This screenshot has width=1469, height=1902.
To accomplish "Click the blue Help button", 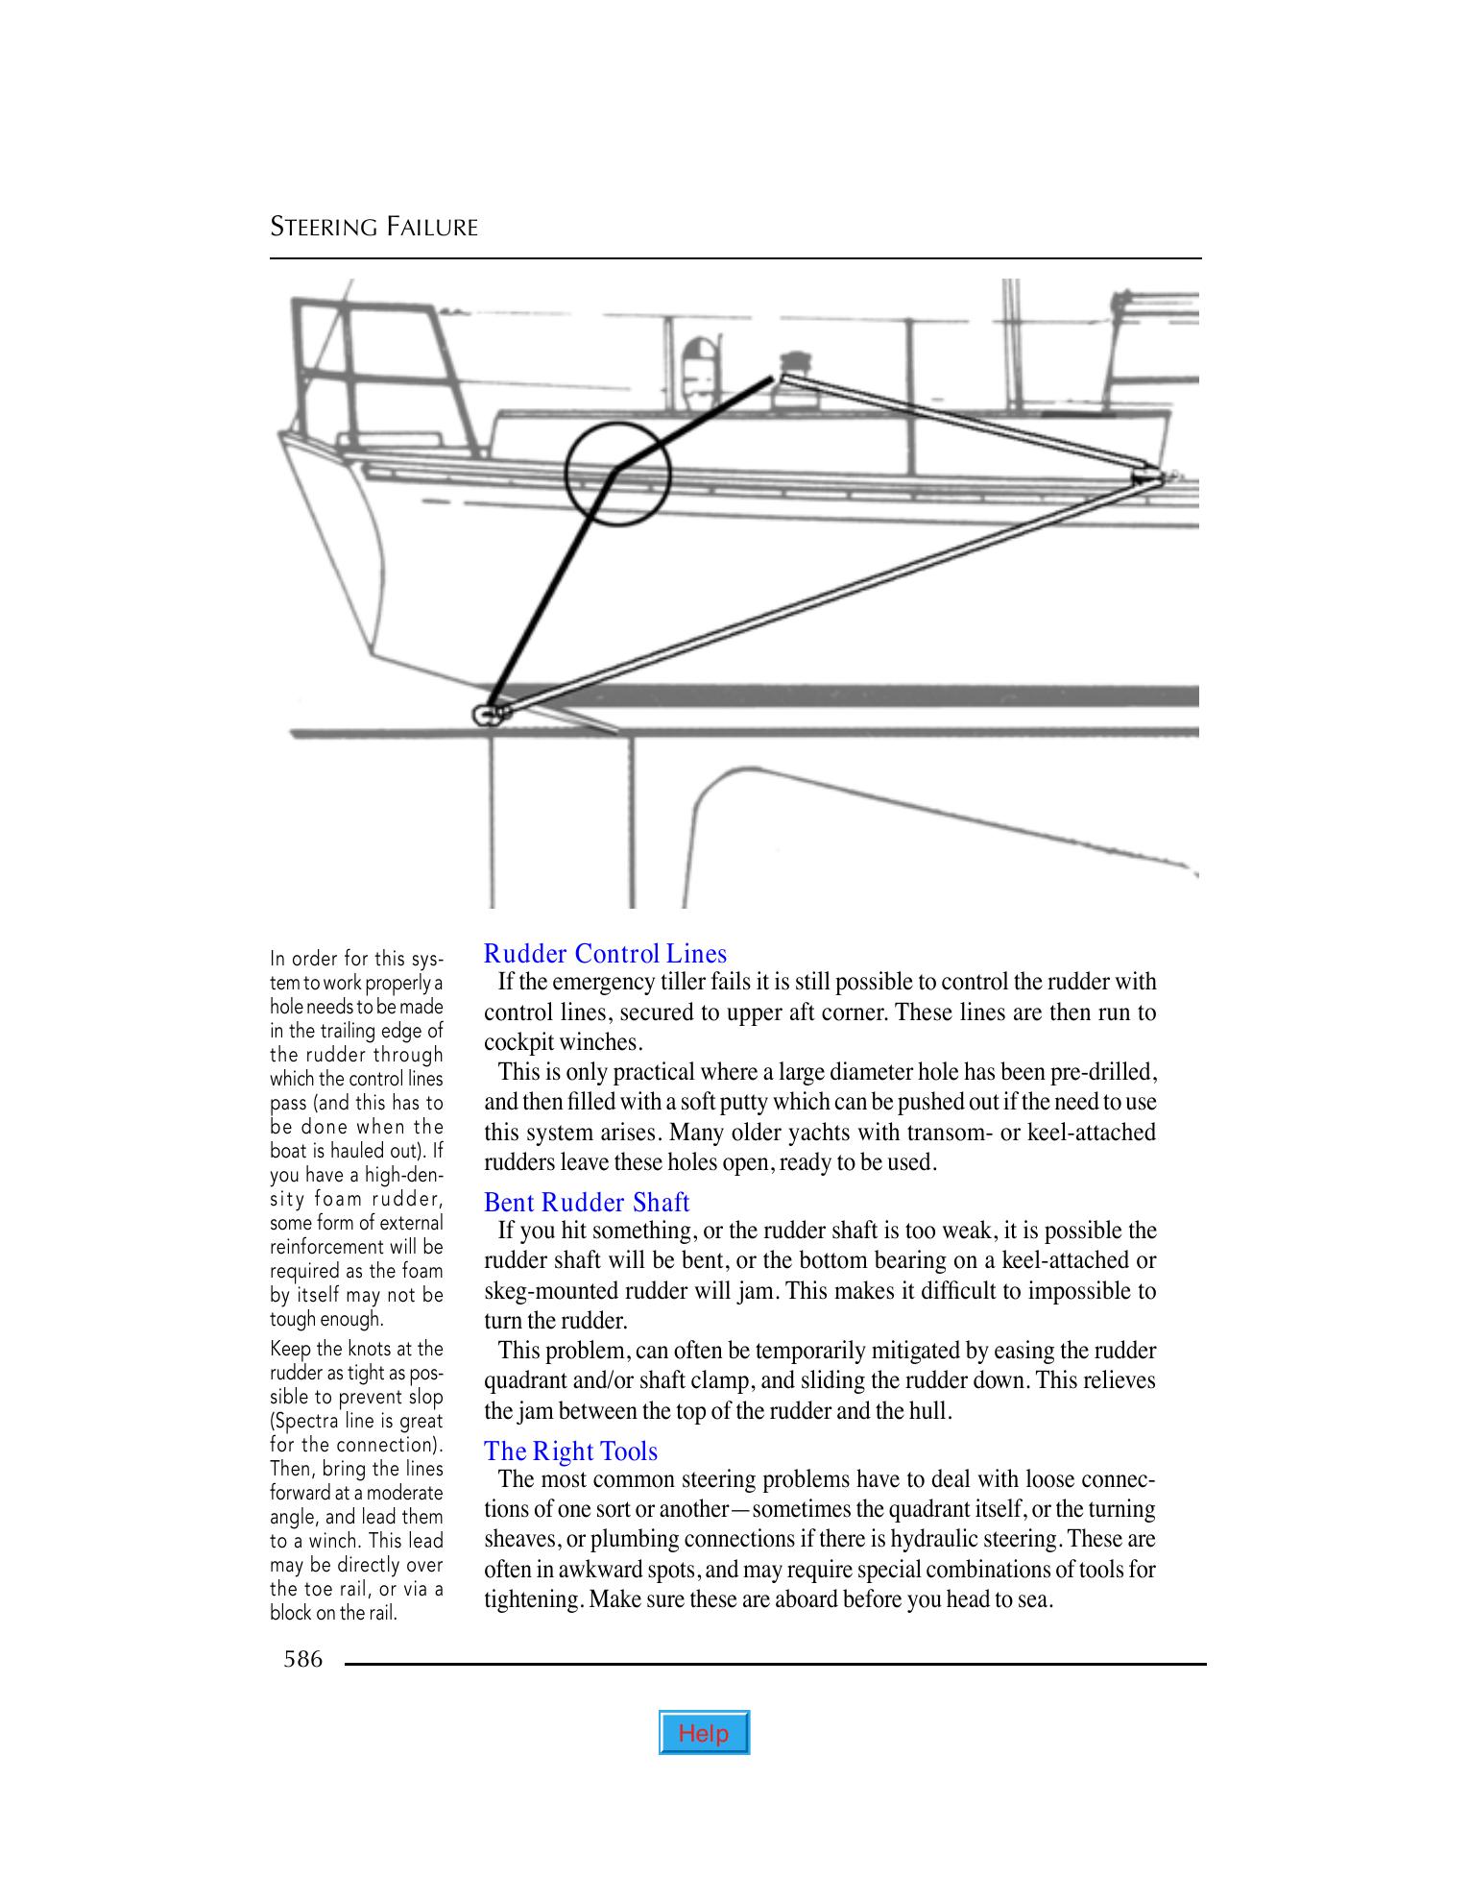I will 703,1732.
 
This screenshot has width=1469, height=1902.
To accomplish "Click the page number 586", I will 303,1659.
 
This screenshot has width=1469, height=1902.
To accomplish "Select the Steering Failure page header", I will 373,228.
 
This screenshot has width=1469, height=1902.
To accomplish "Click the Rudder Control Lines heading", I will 605,954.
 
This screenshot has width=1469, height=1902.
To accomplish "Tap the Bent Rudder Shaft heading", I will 587,1203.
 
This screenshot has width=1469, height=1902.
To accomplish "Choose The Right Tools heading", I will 570,1451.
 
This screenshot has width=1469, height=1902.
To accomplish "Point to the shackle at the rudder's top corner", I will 489,715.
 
